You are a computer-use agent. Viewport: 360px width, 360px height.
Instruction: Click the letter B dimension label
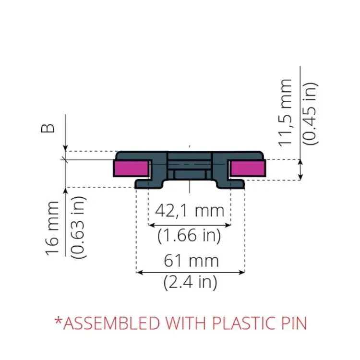[48, 128]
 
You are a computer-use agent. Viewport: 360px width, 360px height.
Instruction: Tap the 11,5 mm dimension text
[285, 113]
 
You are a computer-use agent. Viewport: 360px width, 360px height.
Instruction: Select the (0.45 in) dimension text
[311, 114]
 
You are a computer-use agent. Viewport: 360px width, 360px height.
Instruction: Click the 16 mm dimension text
[52, 228]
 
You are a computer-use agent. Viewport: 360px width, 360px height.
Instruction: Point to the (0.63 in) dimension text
[78, 228]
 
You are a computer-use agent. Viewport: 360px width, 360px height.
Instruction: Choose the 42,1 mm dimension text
[190, 211]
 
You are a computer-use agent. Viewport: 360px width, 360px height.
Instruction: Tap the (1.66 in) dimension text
[189, 235]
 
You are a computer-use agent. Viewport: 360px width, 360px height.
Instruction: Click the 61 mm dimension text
[191, 261]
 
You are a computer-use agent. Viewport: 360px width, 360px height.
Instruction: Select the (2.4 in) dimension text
[191, 282]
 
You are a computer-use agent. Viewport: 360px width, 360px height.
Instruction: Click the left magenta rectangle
[132, 168]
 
